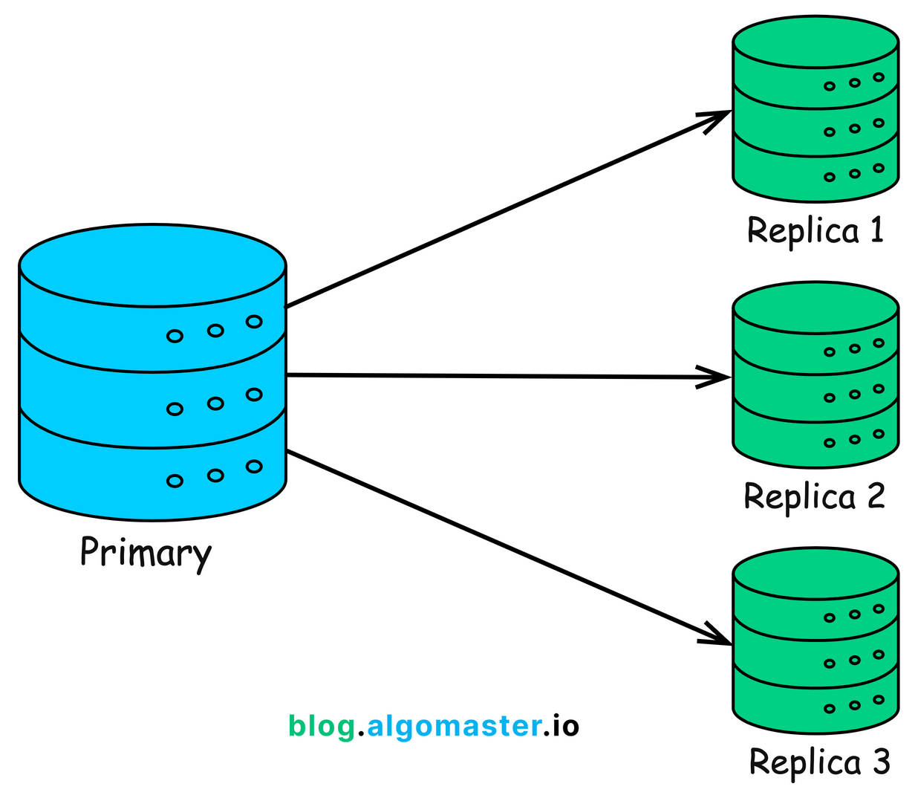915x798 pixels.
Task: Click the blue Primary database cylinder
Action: pos(152,386)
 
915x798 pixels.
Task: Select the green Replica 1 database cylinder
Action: pos(815,111)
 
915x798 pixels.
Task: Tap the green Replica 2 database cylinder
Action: pos(815,379)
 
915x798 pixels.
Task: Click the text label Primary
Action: pos(146,554)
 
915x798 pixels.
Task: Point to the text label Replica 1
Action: pos(815,230)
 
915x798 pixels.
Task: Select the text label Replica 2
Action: pos(814,496)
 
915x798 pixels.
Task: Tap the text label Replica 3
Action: pos(818,762)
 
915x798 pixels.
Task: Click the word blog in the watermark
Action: pos(322,726)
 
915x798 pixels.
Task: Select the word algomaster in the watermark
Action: pos(453,726)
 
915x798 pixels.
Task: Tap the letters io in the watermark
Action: pos(562,726)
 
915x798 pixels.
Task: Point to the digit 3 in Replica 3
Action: pos(879,762)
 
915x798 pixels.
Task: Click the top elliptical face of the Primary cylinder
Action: pos(152,265)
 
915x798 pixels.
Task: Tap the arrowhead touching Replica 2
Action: pos(716,377)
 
